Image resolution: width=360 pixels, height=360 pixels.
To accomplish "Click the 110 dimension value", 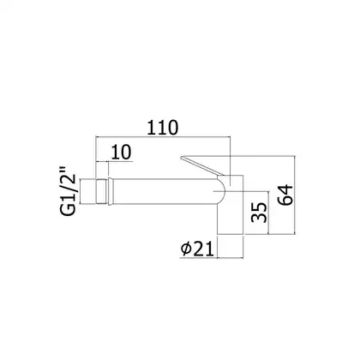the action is point(163,128).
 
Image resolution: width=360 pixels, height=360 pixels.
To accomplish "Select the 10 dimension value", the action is point(121,152).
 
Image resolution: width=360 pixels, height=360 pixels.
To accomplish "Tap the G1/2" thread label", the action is point(68,190).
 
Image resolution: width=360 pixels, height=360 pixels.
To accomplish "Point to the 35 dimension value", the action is point(259,213).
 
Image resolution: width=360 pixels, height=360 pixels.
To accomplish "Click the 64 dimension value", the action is point(285,195).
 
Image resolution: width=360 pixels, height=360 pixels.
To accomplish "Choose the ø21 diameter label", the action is point(197,249).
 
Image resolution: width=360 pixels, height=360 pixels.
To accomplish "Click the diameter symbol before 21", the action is point(186,249).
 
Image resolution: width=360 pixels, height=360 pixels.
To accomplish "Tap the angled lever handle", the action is point(201,165).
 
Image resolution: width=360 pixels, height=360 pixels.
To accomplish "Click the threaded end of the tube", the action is point(101,191).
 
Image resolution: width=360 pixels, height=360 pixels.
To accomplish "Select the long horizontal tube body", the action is point(165,191).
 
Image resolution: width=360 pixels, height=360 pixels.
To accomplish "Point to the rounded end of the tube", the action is point(221,190).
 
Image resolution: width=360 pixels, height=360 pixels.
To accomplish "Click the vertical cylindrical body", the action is point(231,205).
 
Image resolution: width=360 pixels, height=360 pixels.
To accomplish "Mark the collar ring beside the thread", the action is point(111,191).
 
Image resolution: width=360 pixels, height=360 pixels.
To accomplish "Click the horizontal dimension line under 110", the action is point(163,137).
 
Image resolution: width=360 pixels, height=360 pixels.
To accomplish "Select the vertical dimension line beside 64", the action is point(295,195).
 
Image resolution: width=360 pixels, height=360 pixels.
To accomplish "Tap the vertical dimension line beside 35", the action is point(268,213).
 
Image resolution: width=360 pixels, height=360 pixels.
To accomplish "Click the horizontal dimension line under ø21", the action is point(212,258).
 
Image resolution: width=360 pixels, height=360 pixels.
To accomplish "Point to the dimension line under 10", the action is point(114,162).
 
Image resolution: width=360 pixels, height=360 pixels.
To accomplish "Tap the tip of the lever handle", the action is point(181,157).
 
